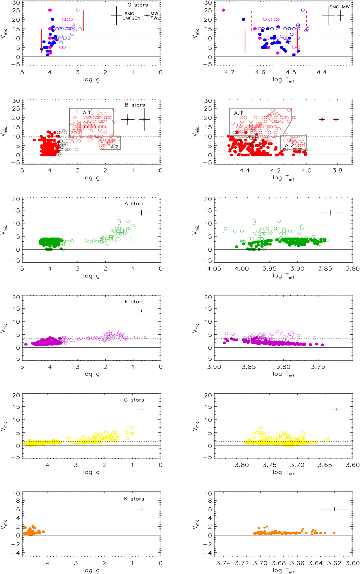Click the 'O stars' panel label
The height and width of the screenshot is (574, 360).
(138, 5)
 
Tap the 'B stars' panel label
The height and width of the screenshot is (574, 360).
(135, 105)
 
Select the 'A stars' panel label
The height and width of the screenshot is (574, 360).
(134, 203)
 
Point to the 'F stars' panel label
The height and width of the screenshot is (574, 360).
(134, 302)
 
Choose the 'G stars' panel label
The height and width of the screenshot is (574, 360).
(134, 400)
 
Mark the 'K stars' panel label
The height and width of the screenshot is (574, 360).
(134, 499)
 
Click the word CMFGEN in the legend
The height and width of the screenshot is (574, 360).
(131, 18)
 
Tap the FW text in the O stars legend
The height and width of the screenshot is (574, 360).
(154, 18)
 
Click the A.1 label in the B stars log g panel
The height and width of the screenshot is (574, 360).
(87, 112)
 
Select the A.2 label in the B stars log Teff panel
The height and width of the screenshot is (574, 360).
(289, 145)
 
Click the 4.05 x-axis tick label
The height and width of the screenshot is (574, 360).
(214, 269)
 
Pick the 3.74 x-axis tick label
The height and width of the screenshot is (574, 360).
(223, 563)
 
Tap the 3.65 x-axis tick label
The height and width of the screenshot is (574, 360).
(325, 465)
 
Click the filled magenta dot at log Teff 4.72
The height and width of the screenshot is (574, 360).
(223, 10)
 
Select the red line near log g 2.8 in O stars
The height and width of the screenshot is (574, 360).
(83, 20)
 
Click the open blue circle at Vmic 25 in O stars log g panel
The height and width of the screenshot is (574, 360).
(78, 10)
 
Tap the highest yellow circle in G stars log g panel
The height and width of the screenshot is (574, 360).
(133, 427)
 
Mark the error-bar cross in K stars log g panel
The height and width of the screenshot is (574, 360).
(141, 509)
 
